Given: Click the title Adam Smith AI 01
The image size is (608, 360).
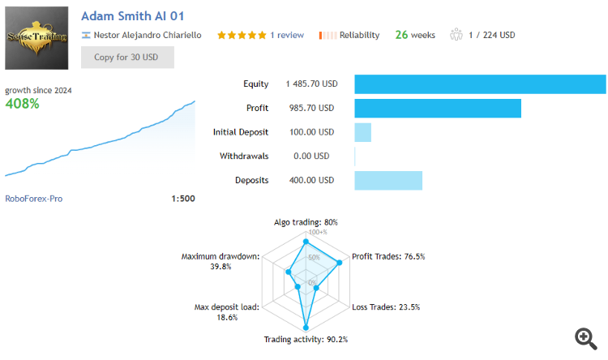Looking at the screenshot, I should (136, 16).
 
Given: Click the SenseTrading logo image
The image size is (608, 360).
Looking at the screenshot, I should (36, 38).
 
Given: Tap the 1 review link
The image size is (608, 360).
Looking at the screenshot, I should (287, 35).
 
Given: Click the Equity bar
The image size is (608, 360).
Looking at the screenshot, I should (480, 84).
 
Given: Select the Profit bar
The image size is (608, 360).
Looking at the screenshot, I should (438, 108).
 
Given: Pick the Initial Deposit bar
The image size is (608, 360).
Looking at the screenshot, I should (363, 132).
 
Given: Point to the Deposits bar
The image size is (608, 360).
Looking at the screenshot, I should (388, 180).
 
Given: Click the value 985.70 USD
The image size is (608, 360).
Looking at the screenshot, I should (310, 108).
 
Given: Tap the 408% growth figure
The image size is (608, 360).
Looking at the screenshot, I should (23, 104).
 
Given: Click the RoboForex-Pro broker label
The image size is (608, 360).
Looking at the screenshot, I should (34, 199).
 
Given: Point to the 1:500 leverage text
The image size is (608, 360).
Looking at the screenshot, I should (183, 199).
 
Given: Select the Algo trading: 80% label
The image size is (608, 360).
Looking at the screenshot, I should (306, 221).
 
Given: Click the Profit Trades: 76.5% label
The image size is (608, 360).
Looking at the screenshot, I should (388, 257).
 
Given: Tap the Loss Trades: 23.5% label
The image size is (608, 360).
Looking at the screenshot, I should (387, 307).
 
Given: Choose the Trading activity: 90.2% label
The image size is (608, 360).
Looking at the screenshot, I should (306, 340).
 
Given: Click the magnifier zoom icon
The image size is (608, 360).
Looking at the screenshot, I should (585, 337).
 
